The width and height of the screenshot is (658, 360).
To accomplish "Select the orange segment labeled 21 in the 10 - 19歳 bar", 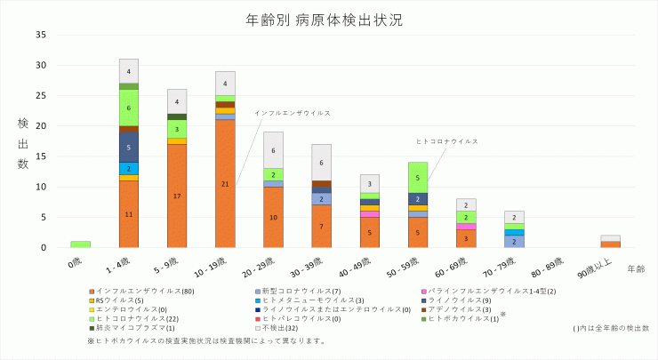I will point(225,183).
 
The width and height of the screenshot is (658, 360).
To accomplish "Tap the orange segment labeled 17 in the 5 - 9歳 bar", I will point(177,196).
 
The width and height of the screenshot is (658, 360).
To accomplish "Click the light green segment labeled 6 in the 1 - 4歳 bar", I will point(129,108).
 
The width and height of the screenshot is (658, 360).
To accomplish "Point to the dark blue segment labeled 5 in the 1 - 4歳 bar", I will point(129,147).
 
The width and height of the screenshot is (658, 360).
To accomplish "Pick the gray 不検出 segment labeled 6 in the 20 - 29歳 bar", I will point(273,150).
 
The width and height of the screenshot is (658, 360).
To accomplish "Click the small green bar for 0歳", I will point(81,244).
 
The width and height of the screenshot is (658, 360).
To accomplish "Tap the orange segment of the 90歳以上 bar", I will point(610,244).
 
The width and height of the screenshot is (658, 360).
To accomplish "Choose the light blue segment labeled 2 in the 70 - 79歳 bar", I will point(514,241).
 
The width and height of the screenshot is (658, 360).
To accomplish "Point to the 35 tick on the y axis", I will point(41,35).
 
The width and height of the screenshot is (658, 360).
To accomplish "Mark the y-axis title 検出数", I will point(23,142).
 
